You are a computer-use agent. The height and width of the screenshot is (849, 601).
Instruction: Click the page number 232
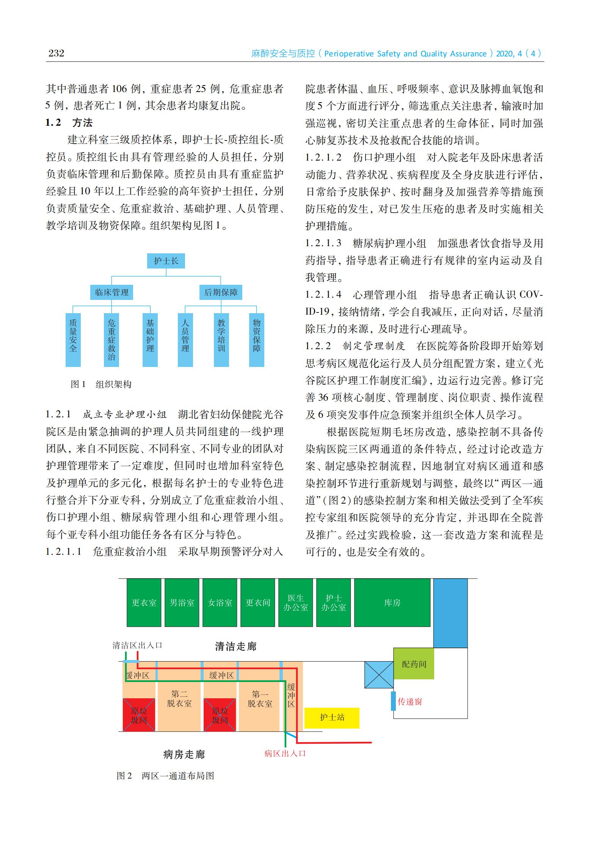point(56,53)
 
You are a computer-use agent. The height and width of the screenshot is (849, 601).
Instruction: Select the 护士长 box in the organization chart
point(166,261)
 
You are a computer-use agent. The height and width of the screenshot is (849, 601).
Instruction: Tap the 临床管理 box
point(111,292)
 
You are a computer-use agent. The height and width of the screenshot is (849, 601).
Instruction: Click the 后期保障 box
point(221,292)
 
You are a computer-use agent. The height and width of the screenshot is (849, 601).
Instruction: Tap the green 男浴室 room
point(182,602)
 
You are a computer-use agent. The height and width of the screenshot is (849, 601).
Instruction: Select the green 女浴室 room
point(220,602)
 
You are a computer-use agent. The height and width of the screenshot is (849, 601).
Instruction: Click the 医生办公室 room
point(296,602)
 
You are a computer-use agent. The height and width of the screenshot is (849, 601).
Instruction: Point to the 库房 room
point(392,602)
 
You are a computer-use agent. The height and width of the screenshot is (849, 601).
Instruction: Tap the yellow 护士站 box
point(332,717)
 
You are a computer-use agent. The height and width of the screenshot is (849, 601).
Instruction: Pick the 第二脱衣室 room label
point(179,699)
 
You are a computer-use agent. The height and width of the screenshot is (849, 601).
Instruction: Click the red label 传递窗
point(410,702)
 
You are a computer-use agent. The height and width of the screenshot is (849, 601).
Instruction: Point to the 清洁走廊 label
point(235,646)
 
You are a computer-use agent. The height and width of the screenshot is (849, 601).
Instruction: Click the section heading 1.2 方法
point(69,123)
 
